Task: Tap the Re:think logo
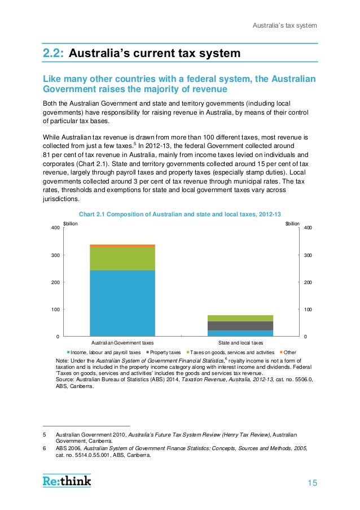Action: tap(67, 481)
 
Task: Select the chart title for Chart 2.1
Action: tap(179, 214)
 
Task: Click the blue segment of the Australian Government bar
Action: tap(122, 303)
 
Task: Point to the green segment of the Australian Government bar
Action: tap(122, 259)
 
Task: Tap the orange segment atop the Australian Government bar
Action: tap(122, 246)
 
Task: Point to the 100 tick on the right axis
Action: tap(309, 310)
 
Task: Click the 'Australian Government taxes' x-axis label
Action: tap(122, 343)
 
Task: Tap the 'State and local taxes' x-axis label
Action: tap(240, 343)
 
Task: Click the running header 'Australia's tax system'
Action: tap(284, 25)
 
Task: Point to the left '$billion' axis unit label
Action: tap(70, 224)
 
